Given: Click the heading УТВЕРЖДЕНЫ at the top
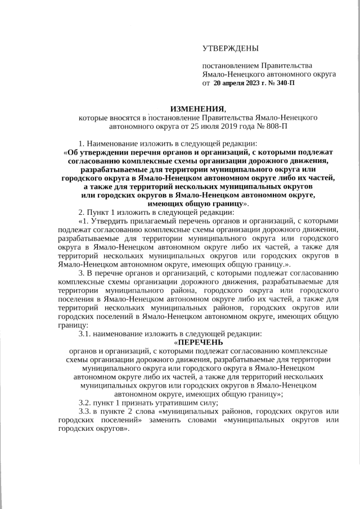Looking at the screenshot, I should (x=231, y=49).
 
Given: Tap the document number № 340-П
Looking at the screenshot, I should (x=282, y=83).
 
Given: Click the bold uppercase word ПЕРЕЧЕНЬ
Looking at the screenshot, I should (x=200, y=341).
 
